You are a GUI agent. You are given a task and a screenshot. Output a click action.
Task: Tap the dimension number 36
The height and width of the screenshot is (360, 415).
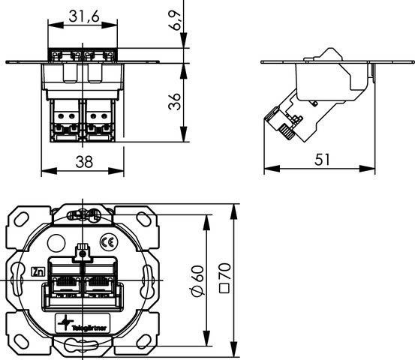[x=173, y=102]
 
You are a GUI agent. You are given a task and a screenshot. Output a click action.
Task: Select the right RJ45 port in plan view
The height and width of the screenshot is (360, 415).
[x=98, y=283]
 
